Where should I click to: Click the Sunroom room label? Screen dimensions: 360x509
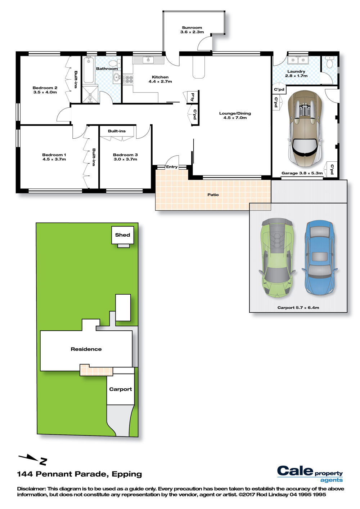(192, 30)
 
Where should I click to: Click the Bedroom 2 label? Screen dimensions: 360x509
(45, 90)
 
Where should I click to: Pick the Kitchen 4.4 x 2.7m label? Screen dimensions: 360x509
(160, 79)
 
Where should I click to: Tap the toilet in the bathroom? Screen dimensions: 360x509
(115, 63)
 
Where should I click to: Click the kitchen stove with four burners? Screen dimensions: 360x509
(128, 79)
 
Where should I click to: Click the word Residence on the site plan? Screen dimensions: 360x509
(86, 349)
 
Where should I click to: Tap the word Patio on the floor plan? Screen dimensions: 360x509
(213, 195)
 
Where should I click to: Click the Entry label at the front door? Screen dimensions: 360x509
(172, 167)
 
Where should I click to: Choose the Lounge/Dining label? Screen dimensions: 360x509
(235, 115)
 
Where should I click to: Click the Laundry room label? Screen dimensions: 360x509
(296, 73)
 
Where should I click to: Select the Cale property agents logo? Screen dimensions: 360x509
(310, 474)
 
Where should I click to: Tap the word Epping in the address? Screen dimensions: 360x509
(127, 474)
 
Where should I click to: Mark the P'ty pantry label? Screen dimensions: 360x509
(192, 97)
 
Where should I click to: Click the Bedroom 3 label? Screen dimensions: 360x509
(125, 157)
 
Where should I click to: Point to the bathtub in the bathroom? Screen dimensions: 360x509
(89, 70)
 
